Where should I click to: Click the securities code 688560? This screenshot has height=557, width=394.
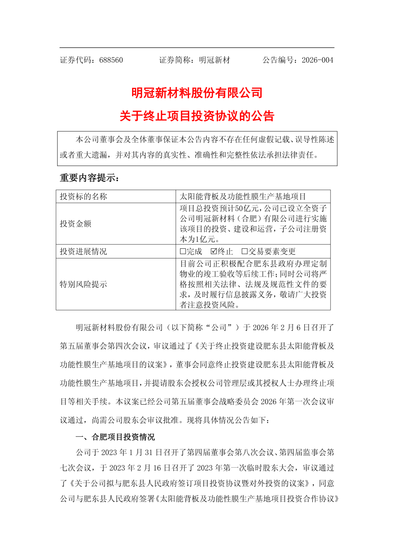pyautogui.click(x=111, y=60)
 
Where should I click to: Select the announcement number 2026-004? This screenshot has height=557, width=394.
pyautogui.click(x=317, y=60)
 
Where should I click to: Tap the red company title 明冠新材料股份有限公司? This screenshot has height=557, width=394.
pyautogui.click(x=197, y=93)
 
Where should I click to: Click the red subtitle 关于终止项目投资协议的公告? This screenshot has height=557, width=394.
pyautogui.click(x=197, y=116)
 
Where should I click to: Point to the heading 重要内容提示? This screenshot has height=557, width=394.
pyautogui.click(x=89, y=178)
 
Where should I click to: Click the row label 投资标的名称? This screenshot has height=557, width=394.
pyautogui.click(x=84, y=197)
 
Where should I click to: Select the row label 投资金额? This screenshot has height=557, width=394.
pyautogui.click(x=76, y=224)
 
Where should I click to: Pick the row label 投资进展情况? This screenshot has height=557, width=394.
pyautogui.click(x=84, y=251)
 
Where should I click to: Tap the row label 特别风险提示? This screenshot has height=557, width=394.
pyautogui.click(x=84, y=284)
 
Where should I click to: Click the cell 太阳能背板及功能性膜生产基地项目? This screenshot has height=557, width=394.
pyautogui.click(x=243, y=197)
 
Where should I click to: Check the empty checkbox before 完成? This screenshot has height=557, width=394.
pyautogui.click(x=183, y=251)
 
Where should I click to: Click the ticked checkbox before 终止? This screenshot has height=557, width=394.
pyautogui.click(x=214, y=251)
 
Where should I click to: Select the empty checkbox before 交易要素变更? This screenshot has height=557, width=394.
pyautogui.click(x=245, y=251)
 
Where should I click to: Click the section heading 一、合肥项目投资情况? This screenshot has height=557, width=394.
pyautogui.click(x=115, y=437)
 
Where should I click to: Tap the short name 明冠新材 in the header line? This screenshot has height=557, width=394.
pyautogui.click(x=215, y=60)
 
